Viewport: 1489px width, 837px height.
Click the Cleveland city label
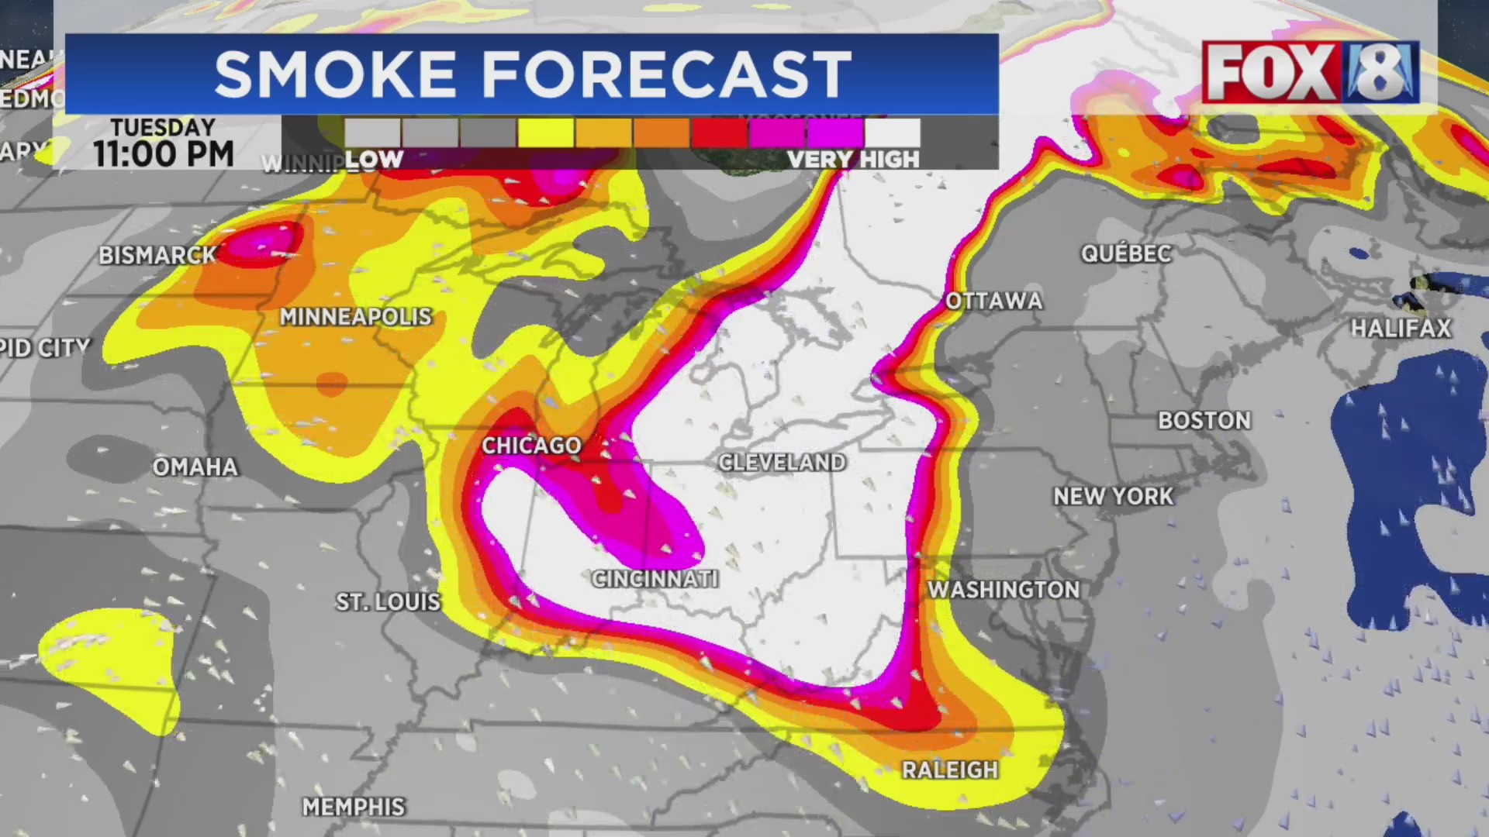(782, 463)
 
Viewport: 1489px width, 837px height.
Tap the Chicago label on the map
(531, 446)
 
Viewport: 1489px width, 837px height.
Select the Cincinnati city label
(655, 579)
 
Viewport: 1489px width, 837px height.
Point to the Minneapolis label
(355, 317)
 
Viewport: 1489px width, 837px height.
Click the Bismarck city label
(157, 255)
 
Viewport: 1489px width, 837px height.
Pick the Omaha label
(195, 467)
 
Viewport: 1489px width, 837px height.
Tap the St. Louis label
(388, 602)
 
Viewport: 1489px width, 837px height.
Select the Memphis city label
(354, 807)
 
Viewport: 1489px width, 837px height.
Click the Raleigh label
(950, 770)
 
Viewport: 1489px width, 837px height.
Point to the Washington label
(1004, 590)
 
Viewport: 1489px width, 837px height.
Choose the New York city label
(1114, 496)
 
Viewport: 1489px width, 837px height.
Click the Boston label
(1204, 421)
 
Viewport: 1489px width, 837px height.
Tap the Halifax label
(1401, 329)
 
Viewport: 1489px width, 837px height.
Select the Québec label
(1126, 253)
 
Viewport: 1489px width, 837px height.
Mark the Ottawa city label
(994, 301)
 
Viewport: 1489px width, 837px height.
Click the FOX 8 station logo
(1311, 73)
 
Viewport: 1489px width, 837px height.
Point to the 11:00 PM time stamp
(164, 154)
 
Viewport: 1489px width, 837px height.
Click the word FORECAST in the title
(667, 74)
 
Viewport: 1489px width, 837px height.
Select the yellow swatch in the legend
(546, 133)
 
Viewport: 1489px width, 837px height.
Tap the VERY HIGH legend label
(853, 160)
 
